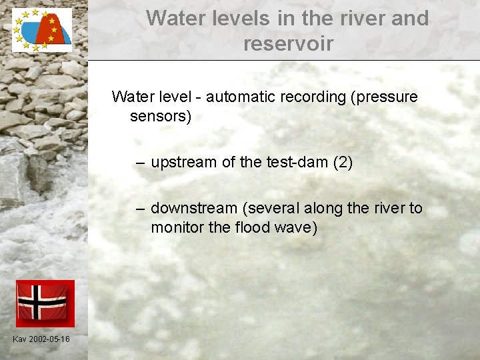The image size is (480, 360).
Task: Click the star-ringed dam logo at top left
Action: [x=42, y=30]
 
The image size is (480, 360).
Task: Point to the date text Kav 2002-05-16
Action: [x=41, y=339]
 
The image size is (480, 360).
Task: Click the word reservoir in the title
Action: [x=288, y=44]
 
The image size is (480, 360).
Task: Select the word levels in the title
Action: [x=237, y=18]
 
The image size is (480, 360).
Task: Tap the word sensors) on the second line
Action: [x=161, y=117]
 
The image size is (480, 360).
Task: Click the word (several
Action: [x=271, y=209]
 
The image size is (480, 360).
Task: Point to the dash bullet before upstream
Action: [x=139, y=163]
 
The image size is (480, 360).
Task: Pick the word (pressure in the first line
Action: [x=384, y=97]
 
